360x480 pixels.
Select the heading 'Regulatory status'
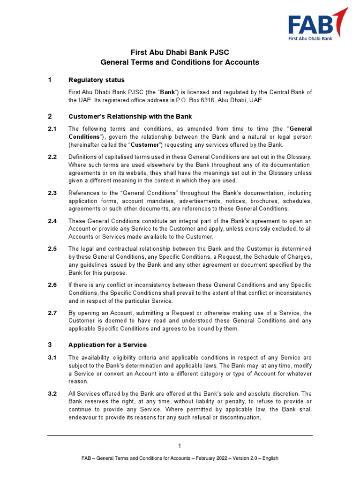point(96,80)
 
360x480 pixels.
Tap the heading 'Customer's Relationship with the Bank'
point(130,116)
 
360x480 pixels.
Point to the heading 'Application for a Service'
point(107,345)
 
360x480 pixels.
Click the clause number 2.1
point(52,129)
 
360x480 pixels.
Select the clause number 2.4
point(52,221)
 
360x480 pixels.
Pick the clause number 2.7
point(52,313)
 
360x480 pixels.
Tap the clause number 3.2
point(52,394)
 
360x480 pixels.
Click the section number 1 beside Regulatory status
point(50,80)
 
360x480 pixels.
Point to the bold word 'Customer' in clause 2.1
point(144,145)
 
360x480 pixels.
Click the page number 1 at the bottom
point(180,446)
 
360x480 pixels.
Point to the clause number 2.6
point(52,285)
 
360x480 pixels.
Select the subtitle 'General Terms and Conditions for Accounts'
point(180,62)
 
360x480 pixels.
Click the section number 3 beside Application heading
point(50,345)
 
